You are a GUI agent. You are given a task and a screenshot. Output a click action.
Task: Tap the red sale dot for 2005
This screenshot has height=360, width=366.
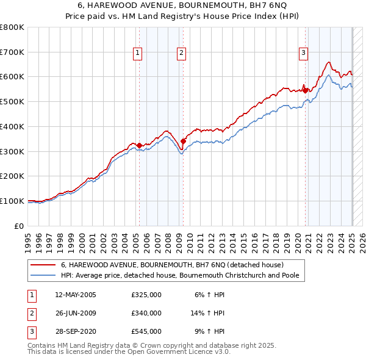139,145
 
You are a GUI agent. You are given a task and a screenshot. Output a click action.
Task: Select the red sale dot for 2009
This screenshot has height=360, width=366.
183,142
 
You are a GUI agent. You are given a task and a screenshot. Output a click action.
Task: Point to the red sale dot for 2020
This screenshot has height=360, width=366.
305,90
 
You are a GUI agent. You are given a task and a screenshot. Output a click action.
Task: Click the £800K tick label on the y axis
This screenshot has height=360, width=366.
12,27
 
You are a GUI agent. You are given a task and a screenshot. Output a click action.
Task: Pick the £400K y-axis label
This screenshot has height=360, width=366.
12,127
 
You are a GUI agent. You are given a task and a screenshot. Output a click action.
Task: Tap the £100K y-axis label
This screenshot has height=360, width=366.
12,201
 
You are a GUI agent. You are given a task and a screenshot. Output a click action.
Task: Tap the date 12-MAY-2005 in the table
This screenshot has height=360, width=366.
76,295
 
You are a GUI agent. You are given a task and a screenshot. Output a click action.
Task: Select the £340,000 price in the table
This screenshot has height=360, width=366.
146,313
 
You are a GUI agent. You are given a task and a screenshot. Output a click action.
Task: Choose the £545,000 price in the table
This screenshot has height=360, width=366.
146,331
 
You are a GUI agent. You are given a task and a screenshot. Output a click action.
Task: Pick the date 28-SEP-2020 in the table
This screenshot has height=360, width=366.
76,331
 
